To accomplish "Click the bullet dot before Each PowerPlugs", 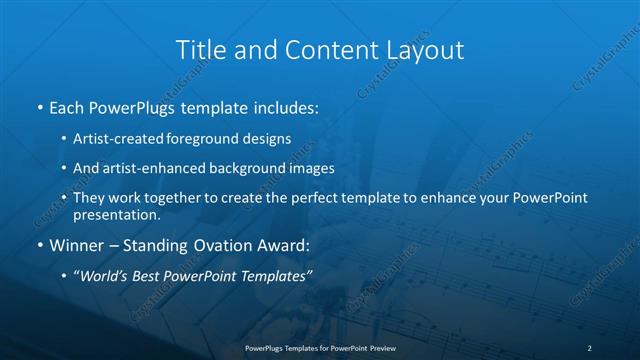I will [x=39, y=106].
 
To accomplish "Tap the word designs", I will [x=269, y=139].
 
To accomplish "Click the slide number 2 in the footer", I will [x=590, y=347].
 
